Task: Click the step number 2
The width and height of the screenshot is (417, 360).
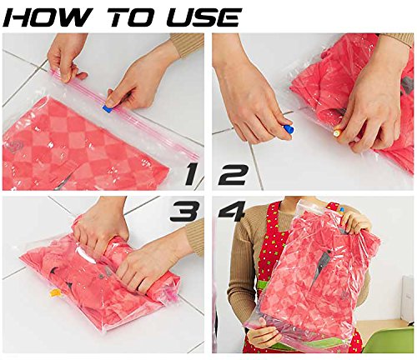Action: tap(233, 174)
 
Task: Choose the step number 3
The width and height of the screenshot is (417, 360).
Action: tap(184, 211)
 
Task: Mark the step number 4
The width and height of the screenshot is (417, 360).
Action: tap(231, 212)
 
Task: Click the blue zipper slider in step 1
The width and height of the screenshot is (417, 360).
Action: tap(108, 107)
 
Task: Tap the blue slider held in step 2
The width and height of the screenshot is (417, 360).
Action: tap(289, 130)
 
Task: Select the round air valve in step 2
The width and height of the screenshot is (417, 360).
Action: tap(338, 132)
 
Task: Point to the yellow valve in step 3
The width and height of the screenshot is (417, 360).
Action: tap(53, 292)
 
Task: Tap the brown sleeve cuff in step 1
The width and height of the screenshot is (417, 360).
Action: tap(188, 44)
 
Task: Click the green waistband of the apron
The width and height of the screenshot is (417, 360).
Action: tap(264, 287)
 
